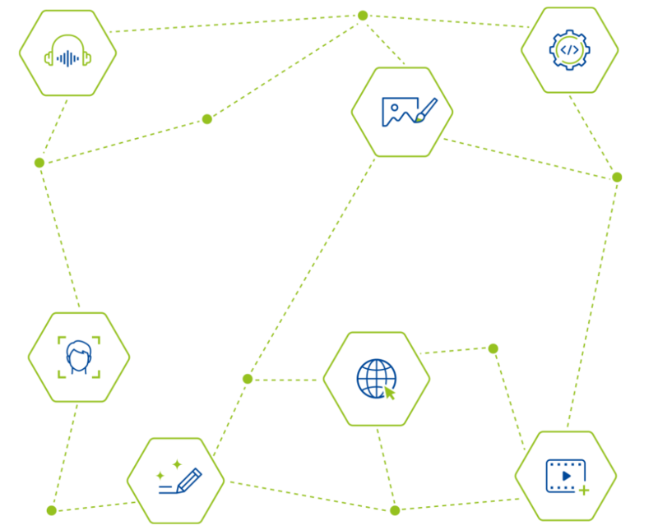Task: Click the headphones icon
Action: pos(67,52)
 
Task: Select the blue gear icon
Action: pos(569,49)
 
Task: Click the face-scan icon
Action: pos(78,357)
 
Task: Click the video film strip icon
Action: pos(565,476)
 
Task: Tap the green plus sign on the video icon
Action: pos(584,491)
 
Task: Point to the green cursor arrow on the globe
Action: pos(390,393)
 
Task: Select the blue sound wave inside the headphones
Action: pos(67,58)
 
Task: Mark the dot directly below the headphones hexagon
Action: pos(39,163)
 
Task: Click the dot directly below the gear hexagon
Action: pos(616,177)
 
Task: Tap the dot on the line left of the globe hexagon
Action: pos(248,379)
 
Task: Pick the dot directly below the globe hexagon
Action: pos(395,510)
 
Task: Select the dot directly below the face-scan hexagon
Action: pos(51,510)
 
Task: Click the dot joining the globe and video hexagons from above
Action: pos(493,348)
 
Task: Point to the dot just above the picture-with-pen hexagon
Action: pos(363,16)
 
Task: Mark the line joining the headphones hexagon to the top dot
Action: pos(239,23)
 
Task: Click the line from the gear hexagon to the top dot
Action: pos(448,21)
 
